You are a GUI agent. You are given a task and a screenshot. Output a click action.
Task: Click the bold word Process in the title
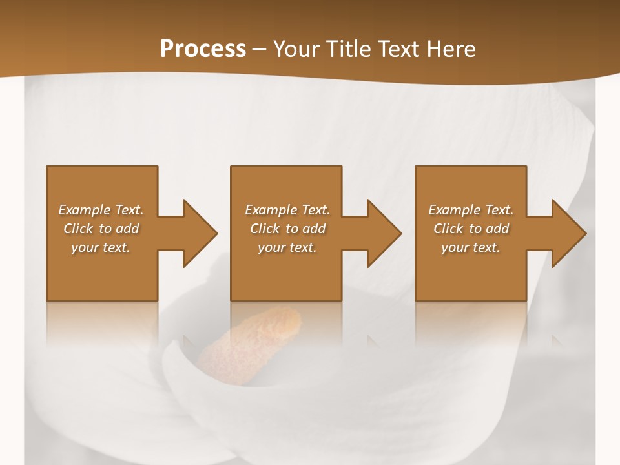(203, 49)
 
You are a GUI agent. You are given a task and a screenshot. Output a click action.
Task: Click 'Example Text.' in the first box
(101, 210)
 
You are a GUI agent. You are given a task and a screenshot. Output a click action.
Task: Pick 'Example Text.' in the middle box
(287, 210)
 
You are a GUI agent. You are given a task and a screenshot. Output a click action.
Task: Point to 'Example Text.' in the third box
(471, 210)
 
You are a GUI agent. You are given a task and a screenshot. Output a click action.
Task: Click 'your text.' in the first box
(101, 247)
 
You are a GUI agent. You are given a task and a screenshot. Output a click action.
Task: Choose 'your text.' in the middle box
(287, 247)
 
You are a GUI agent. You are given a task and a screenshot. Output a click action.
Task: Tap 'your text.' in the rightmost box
(471, 247)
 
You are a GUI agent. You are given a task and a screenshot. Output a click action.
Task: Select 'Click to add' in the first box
(101, 229)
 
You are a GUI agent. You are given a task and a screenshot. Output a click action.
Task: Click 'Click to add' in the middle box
(287, 229)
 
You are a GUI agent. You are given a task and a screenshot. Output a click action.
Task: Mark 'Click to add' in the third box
(471, 229)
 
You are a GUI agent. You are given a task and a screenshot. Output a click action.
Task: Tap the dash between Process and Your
(260, 50)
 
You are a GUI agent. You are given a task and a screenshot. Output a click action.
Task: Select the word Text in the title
(399, 49)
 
